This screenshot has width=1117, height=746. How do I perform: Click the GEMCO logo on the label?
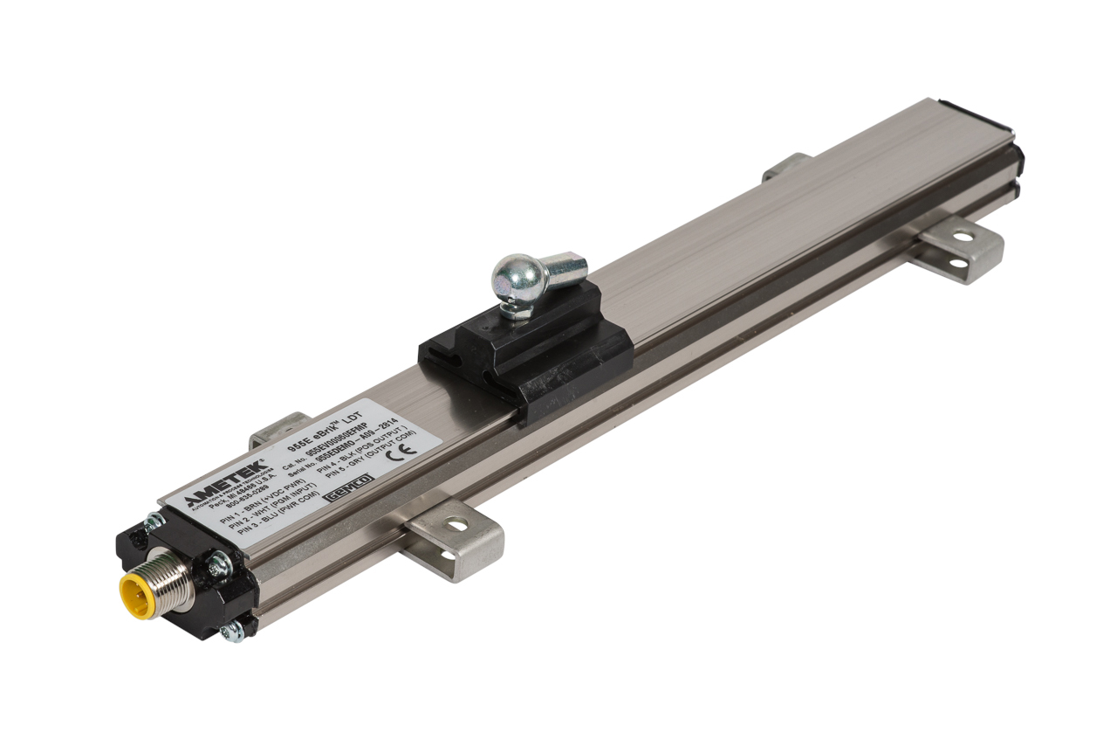pyautogui.click(x=348, y=487)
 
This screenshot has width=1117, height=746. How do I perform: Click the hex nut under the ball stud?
pyautogui.click(x=517, y=308)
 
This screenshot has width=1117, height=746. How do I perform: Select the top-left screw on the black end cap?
pyautogui.click(x=154, y=522)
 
